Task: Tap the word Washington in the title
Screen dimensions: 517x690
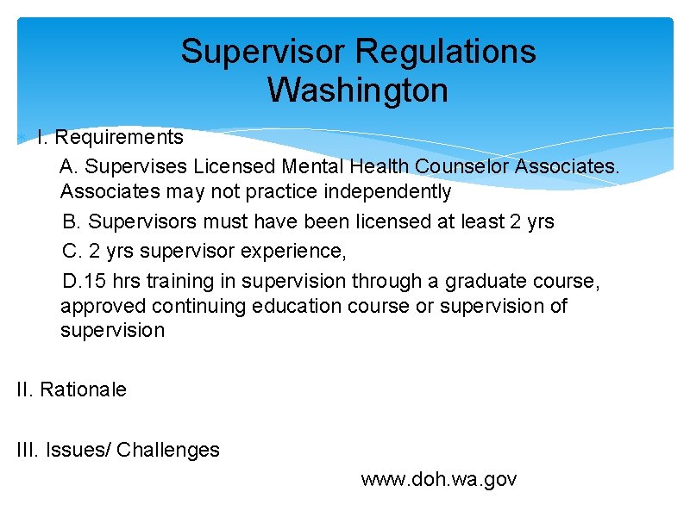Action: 358,90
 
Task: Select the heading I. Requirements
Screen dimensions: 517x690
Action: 110,137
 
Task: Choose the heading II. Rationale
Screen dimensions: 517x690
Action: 72,389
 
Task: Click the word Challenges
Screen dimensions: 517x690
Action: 168,450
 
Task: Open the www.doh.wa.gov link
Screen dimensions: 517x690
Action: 439,479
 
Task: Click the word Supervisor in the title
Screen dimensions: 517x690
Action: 264,52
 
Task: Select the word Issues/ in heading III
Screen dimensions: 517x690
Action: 78,450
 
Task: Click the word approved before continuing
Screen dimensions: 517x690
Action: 103,306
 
